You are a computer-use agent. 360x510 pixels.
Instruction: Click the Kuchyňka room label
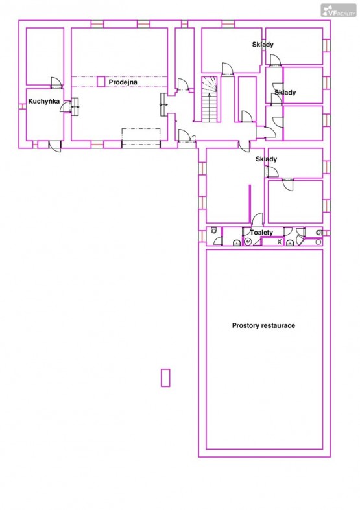[x=44, y=102]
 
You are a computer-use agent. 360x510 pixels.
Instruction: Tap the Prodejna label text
[x=123, y=82]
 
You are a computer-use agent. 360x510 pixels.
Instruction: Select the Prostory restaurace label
[x=263, y=325]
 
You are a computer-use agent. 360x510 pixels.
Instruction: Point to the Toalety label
[x=261, y=232]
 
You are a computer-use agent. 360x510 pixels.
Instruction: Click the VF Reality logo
[x=339, y=10]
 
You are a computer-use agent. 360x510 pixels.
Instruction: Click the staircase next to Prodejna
[x=210, y=100]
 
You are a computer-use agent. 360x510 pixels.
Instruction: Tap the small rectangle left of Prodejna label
[x=101, y=82]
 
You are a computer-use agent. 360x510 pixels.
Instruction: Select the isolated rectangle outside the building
[x=165, y=378]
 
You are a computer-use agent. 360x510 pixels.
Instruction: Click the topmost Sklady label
[x=263, y=45]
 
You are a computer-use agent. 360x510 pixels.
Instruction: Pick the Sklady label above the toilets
[x=266, y=159]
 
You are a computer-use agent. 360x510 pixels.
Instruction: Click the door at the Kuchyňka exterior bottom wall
[x=55, y=146]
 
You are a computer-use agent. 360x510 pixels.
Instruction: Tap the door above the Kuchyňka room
[x=56, y=83]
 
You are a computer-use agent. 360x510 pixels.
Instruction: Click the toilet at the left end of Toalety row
[x=213, y=231]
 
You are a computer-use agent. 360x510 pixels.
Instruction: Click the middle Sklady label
[x=285, y=93]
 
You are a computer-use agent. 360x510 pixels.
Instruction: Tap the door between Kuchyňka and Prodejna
[x=66, y=107]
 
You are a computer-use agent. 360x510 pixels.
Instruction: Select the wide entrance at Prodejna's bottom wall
[x=141, y=138]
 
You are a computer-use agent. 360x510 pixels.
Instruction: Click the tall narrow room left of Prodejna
[x=45, y=56]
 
